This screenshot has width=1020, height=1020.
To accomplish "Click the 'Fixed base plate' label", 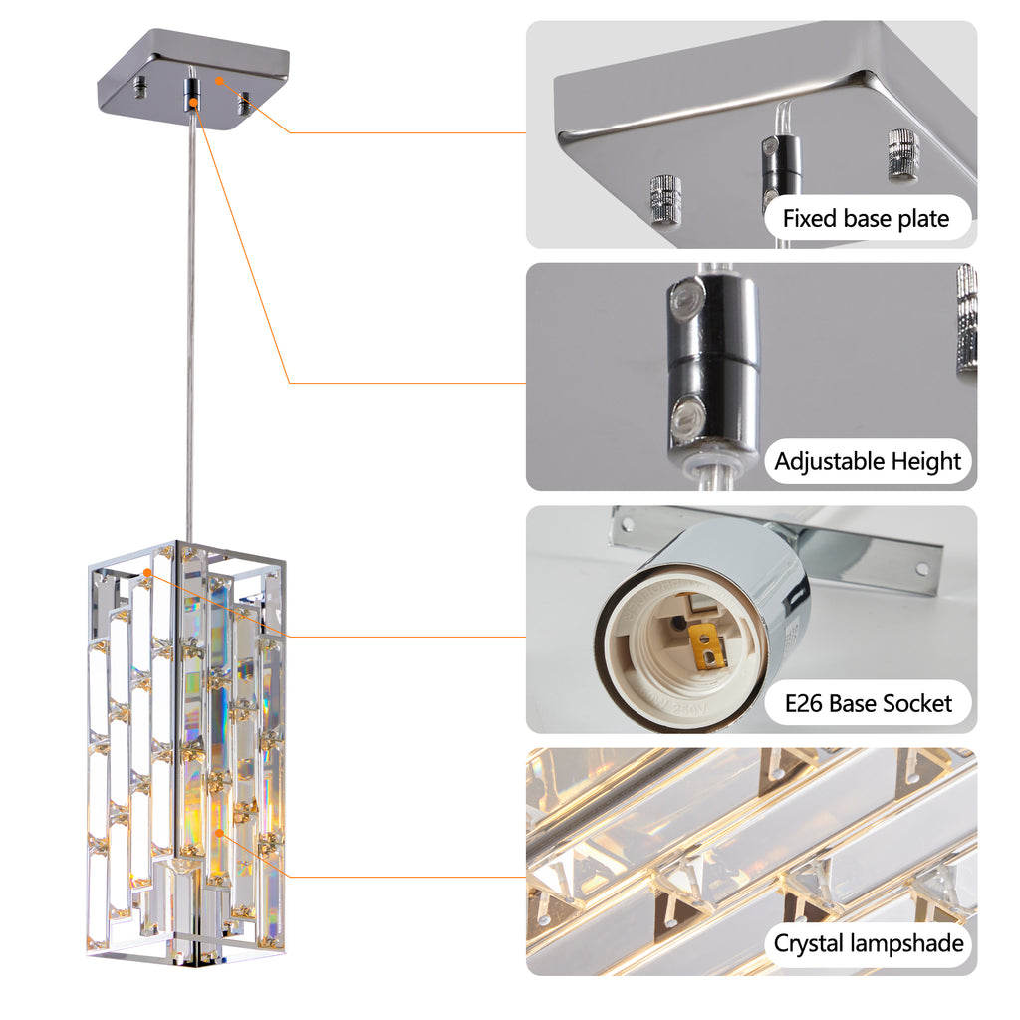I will [866, 218].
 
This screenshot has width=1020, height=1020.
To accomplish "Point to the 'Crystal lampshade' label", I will [869, 943].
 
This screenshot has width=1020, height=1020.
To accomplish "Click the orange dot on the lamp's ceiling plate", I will [218, 79].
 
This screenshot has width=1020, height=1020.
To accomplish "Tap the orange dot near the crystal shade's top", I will [147, 573].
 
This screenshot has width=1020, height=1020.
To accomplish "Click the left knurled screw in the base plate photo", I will [665, 199].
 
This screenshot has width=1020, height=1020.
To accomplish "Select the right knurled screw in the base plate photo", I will [902, 154].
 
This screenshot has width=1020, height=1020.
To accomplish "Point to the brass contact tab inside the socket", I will [706, 647].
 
